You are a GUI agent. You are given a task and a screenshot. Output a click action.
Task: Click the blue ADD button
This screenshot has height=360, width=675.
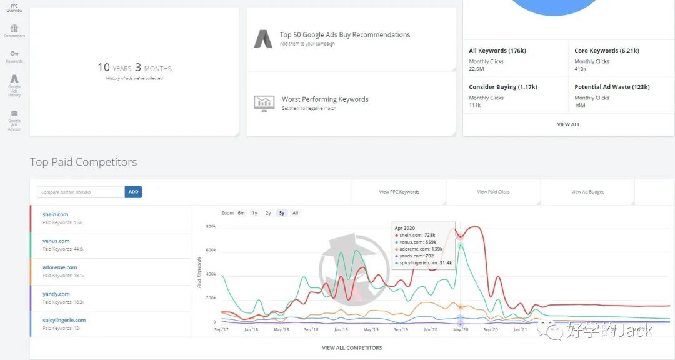133,192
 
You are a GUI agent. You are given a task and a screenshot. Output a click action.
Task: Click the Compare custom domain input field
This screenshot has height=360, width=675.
81,192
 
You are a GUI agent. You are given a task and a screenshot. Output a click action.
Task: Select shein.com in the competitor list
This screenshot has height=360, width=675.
56,214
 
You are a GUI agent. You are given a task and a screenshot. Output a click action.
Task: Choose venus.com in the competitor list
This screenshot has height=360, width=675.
56,241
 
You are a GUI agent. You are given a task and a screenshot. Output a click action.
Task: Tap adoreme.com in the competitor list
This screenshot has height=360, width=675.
60,267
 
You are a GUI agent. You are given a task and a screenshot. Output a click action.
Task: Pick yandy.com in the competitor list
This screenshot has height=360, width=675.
56,294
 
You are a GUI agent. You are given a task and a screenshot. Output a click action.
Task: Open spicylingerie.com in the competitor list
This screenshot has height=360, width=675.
64,320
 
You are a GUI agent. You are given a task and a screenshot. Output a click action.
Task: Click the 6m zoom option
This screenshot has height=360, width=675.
241,213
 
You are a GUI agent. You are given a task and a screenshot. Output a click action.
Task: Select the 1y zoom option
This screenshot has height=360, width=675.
254,213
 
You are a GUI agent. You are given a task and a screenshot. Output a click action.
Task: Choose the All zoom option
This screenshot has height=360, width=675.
296,213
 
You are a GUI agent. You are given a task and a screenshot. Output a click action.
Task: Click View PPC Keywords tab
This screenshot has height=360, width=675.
399,192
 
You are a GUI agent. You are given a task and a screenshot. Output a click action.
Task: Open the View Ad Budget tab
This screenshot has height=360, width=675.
587,192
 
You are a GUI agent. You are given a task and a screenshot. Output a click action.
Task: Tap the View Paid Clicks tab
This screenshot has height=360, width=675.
493,192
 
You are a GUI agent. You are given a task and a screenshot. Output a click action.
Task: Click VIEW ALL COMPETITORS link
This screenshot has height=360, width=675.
352,347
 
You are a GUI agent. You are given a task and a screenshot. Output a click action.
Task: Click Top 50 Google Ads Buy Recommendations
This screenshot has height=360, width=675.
345,35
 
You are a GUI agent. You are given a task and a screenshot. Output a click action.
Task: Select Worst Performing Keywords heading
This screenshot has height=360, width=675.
325,99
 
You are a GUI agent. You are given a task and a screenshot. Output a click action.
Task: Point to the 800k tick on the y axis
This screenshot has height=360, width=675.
211,226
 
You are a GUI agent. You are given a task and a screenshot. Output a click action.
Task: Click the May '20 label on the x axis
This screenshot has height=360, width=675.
461,329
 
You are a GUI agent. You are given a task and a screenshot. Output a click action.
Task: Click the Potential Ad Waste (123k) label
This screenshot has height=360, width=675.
612,87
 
